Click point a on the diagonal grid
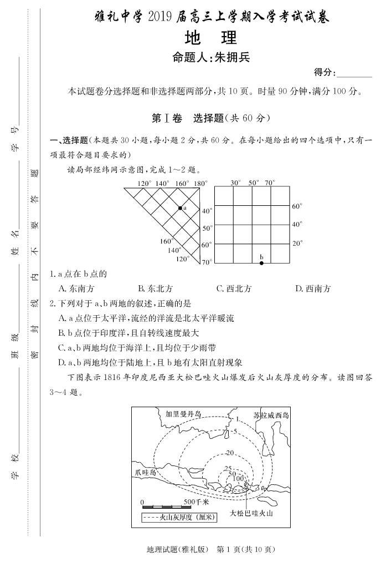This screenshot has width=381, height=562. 179,208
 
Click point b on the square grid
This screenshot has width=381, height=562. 261,262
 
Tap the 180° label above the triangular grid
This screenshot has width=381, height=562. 200,183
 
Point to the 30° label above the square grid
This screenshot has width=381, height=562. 235,183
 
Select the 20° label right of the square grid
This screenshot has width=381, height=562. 297,243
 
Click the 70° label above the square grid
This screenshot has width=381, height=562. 270,183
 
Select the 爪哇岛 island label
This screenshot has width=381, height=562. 145,473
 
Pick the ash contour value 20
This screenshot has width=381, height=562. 230,453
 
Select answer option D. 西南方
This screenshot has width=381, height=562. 313,288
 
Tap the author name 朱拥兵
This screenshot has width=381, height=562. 228,58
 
